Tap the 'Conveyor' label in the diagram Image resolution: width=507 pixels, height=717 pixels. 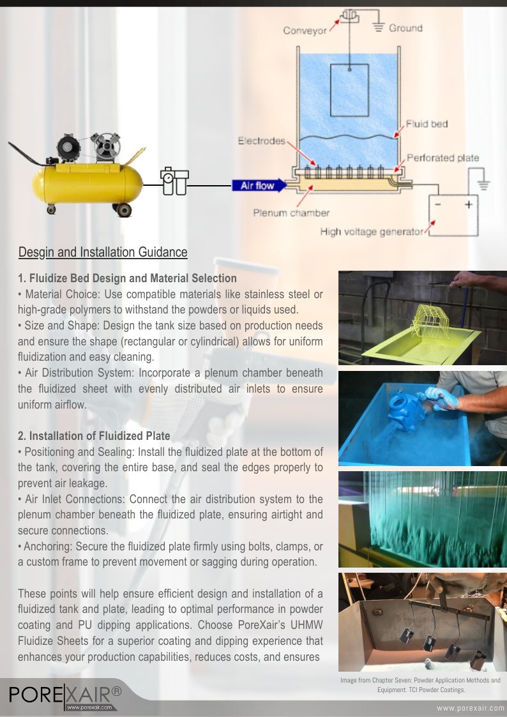[x=305, y=30]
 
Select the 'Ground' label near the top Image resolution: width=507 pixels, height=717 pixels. [x=405, y=28]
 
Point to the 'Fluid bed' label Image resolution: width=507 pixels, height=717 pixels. [x=427, y=124]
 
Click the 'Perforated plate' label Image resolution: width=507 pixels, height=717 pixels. [x=443, y=158]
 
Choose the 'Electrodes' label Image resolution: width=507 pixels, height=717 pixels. [x=262, y=140]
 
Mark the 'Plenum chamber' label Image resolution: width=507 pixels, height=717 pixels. [x=291, y=213]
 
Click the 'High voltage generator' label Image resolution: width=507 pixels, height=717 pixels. [x=372, y=232]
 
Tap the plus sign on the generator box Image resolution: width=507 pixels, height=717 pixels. [x=467, y=204]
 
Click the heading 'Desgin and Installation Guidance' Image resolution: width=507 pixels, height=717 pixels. [x=103, y=252]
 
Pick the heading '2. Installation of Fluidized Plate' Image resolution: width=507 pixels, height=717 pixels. [x=94, y=436]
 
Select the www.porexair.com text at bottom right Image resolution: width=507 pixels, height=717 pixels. [x=470, y=709]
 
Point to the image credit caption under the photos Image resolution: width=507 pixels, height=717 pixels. [x=421, y=685]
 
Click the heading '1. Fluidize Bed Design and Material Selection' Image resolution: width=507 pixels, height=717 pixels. [x=127, y=278]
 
